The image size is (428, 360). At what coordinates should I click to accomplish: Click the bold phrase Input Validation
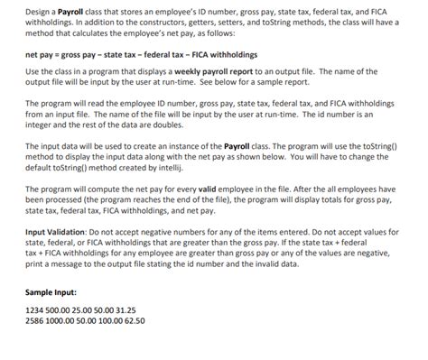pyautogui.click(x=56, y=231)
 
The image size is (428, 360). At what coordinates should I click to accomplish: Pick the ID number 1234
pyautogui.click(x=34, y=309)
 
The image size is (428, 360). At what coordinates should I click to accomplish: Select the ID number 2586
pyautogui.click(x=34, y=319)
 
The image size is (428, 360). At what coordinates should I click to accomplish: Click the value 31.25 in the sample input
pyautogui.click(x=133, y=309)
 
